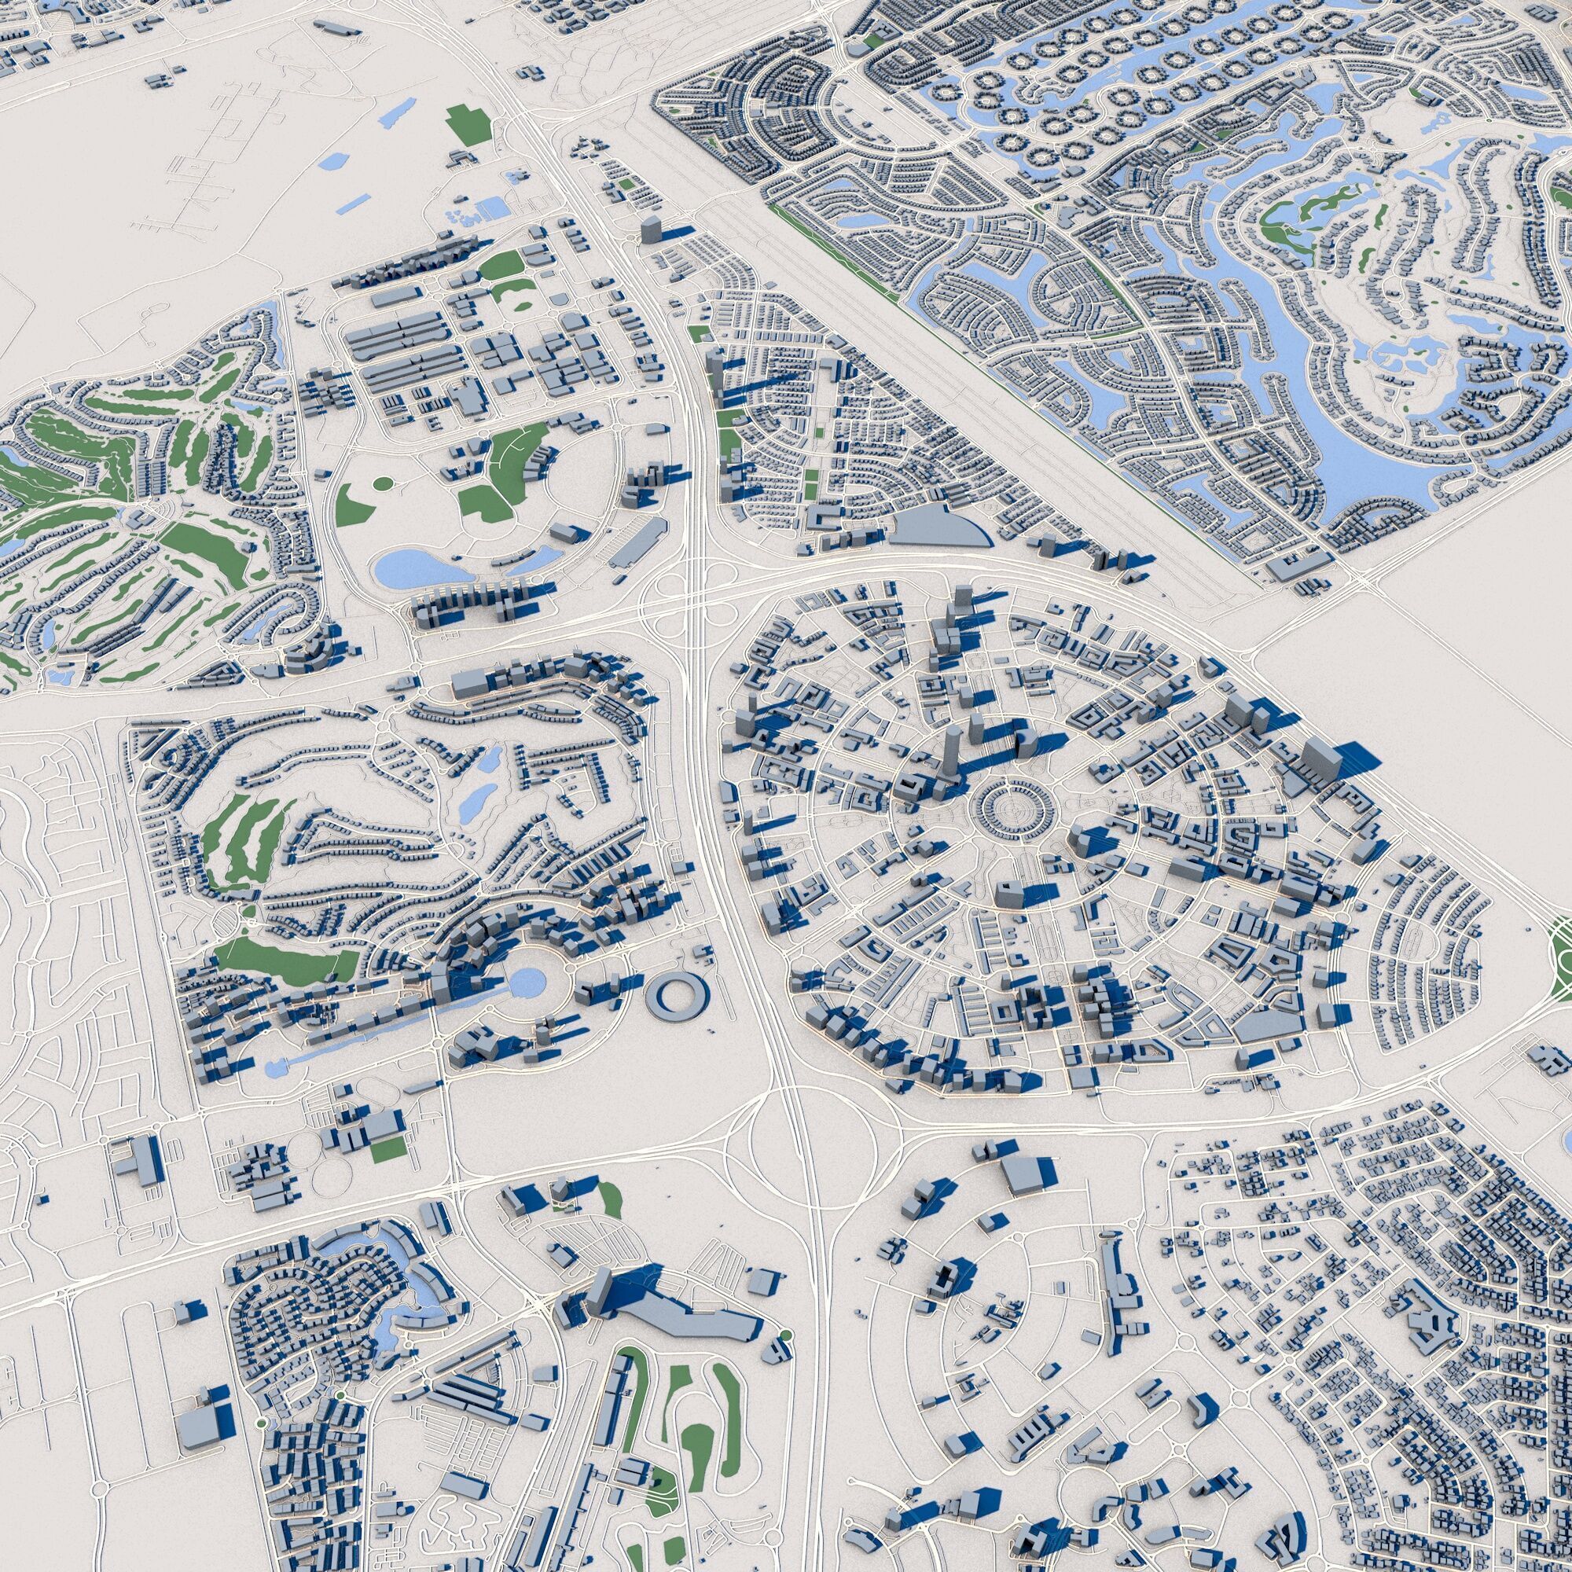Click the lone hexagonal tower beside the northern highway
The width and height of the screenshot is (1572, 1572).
652,229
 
